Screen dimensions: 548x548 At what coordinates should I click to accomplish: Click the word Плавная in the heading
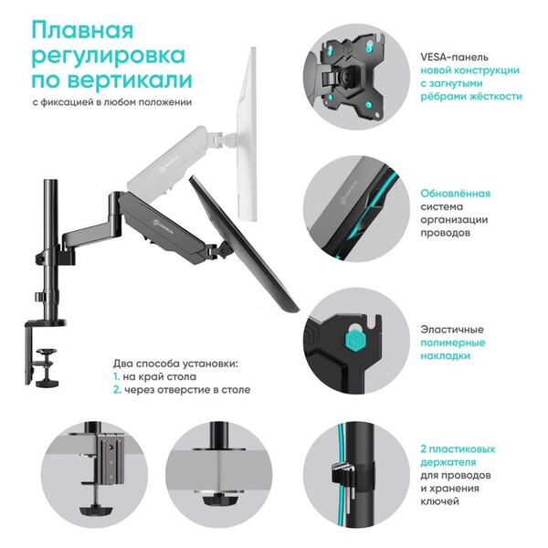pyautogui.click(x=82, y=30)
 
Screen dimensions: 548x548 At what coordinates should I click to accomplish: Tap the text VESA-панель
pyautogui.click(x=454, y=57)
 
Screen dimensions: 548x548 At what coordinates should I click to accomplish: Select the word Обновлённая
pyautogui.click(x=455, y=194)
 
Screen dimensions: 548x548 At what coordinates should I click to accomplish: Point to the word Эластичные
pyautogui.click(x=452, y=330)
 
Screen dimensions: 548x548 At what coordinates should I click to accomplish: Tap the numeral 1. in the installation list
pyautogui.click(x=116, y=376)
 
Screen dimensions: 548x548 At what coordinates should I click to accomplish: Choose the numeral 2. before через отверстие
pyautogui.click(x=117, y=390)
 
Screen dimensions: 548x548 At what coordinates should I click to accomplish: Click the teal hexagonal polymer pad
pyautogui.click(x=356, y=341)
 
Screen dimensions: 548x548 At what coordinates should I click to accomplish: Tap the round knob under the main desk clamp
pyautogui.click(x=47, y=383)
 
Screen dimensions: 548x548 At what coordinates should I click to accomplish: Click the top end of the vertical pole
pyautogui.click(x=50, y=181)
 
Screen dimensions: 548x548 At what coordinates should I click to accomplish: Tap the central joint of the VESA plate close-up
pyautogui.click(x=346, y=74)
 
